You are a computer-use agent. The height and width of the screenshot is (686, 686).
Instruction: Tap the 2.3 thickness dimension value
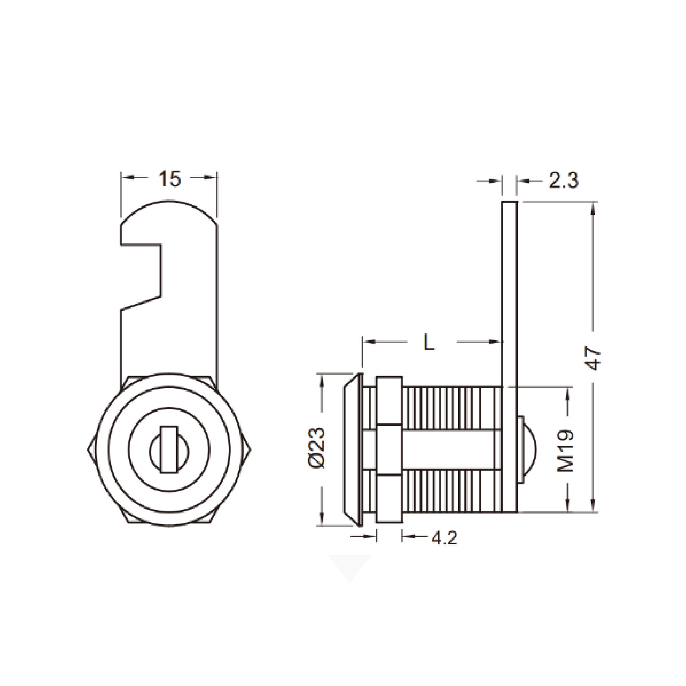point(564,181)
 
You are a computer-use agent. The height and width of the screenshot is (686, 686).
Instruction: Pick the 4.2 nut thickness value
point(444,538)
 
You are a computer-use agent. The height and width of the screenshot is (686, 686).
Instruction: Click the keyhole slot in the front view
point(169,450)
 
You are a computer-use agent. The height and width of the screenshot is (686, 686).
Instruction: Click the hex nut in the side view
point(389,450)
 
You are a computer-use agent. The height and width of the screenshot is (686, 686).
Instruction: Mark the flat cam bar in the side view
point(509,356)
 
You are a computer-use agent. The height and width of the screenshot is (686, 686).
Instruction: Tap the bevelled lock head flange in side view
point(353,449)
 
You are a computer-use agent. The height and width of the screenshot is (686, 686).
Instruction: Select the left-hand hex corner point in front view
point(88,450)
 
